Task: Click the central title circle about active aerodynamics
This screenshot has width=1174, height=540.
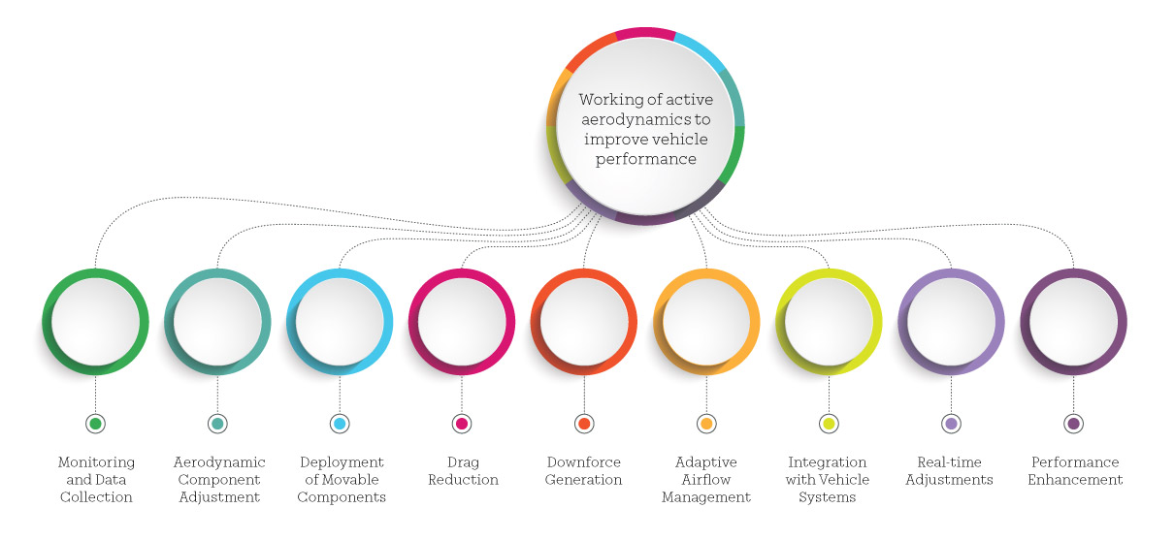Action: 645,127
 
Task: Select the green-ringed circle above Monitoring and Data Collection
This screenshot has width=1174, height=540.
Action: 95,322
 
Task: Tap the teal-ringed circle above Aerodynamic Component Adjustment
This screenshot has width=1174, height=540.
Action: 217,322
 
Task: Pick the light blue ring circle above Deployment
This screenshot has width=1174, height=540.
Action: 340,322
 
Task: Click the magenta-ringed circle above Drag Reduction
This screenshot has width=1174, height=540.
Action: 462,322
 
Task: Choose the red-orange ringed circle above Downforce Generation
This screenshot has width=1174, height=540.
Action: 584,322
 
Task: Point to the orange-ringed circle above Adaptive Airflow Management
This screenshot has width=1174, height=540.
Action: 706,322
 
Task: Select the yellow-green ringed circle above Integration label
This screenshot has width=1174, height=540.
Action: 829,322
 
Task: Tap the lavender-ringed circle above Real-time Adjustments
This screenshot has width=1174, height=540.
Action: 951,322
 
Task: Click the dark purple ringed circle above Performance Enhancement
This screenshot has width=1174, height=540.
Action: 1073,322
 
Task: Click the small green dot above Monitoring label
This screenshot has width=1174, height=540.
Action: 95,424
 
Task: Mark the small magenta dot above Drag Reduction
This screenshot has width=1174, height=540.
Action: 462,424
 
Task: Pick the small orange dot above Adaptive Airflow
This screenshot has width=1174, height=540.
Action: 706,424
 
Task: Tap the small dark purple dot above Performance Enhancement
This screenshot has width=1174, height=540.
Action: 1073,424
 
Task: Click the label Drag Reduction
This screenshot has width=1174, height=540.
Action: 462,471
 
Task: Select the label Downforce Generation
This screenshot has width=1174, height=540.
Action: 584,471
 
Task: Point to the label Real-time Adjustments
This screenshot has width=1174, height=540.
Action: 951,471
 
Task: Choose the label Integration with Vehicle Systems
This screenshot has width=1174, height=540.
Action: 829,480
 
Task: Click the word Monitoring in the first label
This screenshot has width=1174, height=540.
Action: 95,462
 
